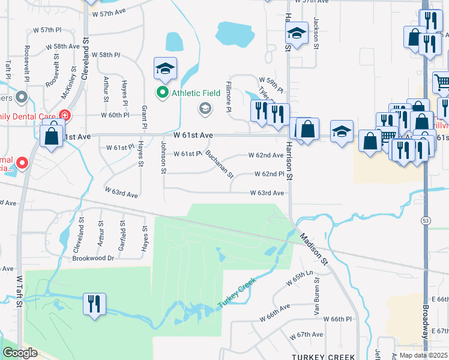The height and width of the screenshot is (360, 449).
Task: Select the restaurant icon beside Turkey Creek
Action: click(94, 304)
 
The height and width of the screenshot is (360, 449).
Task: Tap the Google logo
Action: click(19, 353)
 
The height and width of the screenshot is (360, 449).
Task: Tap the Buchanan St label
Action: click(218, 163)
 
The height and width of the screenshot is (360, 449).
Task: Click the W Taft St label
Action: click(19, 292)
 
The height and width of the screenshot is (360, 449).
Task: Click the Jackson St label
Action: click(315, 30)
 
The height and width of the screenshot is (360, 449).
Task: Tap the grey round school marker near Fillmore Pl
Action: click(205, 109)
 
